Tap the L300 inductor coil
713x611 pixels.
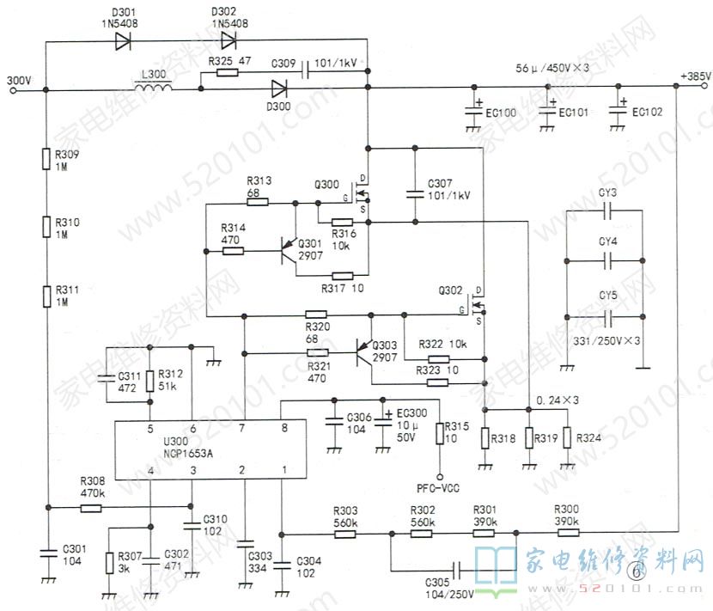click(x=153, y=88)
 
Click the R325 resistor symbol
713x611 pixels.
click(x=228, y=73)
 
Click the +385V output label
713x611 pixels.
click(x=695, y=76)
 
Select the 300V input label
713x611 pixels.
click(x=18, y=79)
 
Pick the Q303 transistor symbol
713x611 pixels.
click(x=365, y=351)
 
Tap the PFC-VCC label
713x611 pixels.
click(x=441, y=488)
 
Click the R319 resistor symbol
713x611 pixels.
click(x=527, y=438)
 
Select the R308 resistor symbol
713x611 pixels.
click(x=92, y=508)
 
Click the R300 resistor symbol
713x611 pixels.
click(x=567, y=533)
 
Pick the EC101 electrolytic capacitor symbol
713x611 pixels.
click(x=546, y=110)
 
